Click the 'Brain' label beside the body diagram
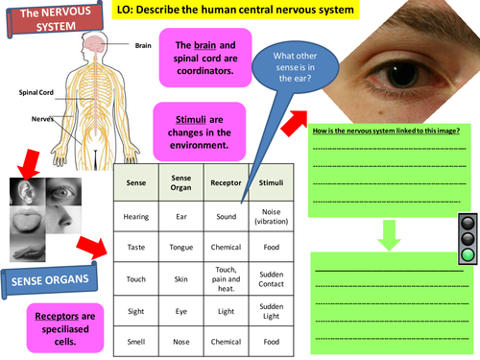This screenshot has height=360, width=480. tap(143, 44)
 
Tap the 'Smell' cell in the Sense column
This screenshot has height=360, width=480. tap(136, 342)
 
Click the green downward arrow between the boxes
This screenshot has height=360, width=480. tap(388, 235)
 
